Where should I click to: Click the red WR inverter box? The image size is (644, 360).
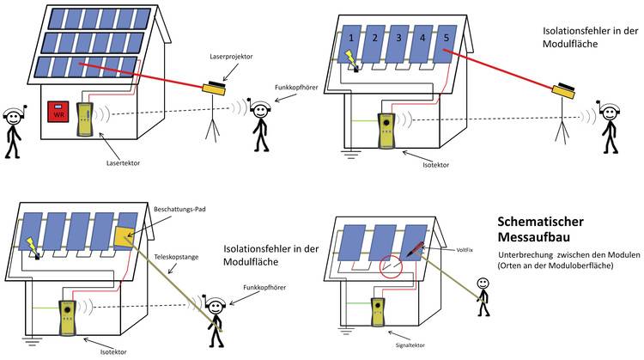click(x=58, y=113)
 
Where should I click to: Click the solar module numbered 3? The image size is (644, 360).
click(x=397, y=40)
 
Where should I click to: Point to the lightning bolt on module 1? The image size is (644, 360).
click(x=350, y=57)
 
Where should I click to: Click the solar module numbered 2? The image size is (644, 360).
click(x=374, y=40)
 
